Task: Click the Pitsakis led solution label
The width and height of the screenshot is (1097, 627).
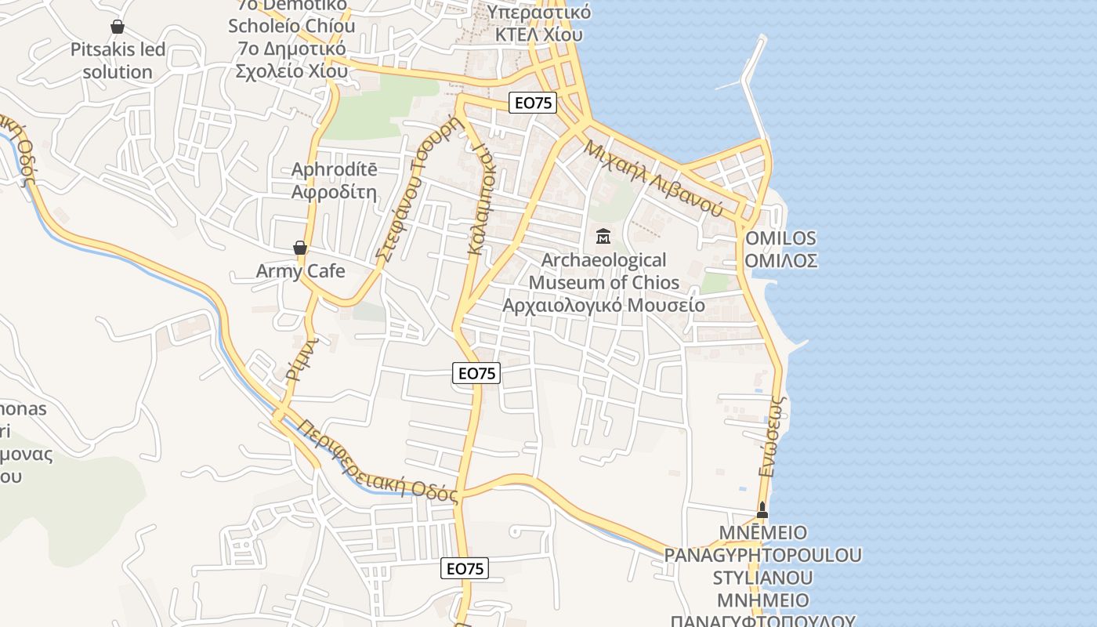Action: (118, 61)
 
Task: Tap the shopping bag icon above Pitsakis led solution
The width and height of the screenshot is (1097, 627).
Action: (118, 27)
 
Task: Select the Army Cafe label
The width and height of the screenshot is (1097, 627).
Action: (301, 271)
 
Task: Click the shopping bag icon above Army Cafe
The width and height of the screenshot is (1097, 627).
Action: (299, 248)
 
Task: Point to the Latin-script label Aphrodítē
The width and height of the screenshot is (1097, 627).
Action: (335, 169)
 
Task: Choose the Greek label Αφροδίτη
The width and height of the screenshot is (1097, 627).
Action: (335, 191)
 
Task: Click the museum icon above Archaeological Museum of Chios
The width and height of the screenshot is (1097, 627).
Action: (603, 235)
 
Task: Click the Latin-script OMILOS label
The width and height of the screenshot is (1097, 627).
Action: (780, 238)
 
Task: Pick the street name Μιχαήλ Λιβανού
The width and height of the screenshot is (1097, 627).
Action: (653, 178)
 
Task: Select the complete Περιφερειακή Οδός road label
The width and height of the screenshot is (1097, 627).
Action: (378, 462)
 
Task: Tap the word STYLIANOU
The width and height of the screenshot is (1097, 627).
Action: (762, 578)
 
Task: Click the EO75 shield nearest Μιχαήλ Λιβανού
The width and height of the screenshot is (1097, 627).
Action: (533, 103)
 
